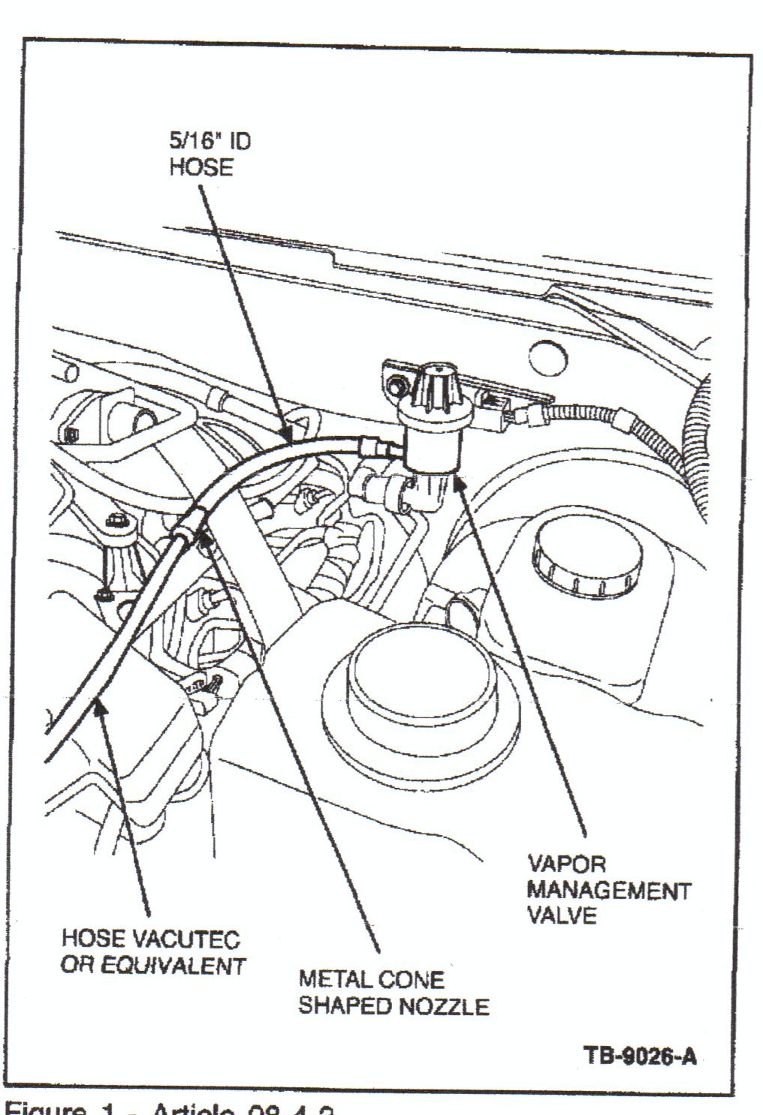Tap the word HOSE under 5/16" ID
(x=201, y=167)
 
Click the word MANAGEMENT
(x=608, y=891)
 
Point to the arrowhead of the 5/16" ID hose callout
(x=286, y=434)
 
